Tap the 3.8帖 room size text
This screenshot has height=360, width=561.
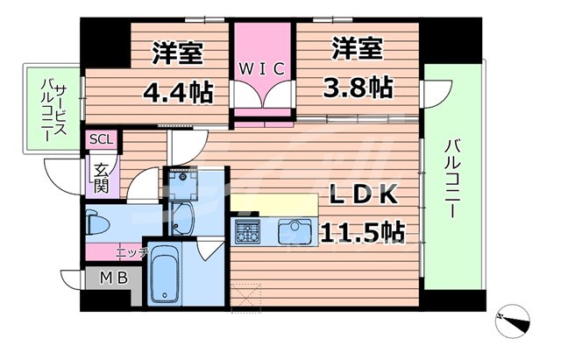359,87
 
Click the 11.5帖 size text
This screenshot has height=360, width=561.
363,232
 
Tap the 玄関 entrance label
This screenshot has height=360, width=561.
102,174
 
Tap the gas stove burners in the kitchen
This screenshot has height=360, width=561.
247,232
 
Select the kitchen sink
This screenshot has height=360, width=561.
295,232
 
